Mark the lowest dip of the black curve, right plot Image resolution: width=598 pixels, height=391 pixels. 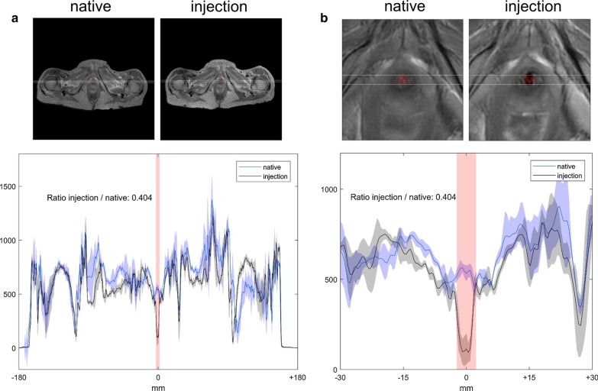pos(466,352)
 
